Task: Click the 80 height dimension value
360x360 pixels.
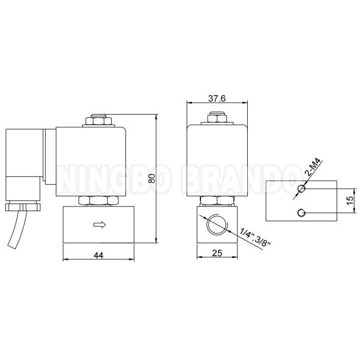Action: point(152,178)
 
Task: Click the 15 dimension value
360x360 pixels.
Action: point(349,201)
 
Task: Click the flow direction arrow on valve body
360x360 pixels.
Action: point(100,225)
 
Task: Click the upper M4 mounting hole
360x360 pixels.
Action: point(302,189)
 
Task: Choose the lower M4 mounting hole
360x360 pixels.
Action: point(302,212)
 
